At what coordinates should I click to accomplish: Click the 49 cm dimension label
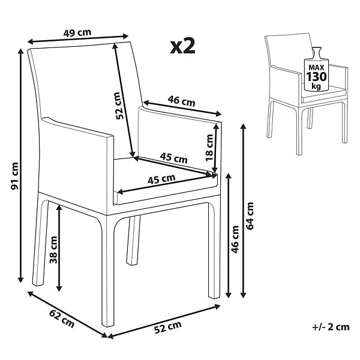(77, 32)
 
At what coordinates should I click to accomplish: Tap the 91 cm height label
(15, 176)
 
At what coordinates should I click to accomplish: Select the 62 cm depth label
(62, 319)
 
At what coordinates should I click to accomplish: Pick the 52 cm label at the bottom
(168, 327)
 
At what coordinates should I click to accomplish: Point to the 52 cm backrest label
(120, 106)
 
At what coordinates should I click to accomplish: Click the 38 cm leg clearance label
(53, 250)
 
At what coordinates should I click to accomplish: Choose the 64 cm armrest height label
(250, 216)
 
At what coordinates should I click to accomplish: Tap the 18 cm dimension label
(209, 148)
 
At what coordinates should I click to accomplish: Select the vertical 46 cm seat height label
(235, 239)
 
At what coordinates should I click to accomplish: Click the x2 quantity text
(183, 46)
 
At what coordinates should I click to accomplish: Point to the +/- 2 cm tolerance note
(331, 327)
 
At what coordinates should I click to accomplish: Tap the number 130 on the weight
(316, 77)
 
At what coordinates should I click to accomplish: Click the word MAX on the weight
(316, 67)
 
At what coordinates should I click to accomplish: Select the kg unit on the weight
(316, 86)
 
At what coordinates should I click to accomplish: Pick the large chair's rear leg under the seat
(133, 240)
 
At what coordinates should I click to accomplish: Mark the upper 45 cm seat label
(174, 158)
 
